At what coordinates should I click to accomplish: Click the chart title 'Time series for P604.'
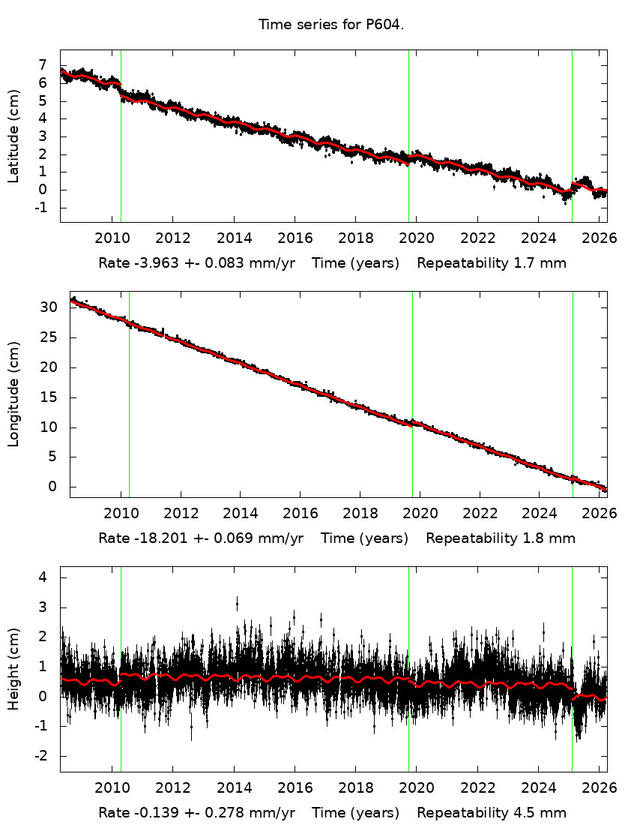pyautogui.click(x=331, y=24)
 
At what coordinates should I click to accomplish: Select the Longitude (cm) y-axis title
pyautogui.click(x=13, y=394)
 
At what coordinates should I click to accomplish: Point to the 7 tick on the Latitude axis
pyautogui.click(x=43, y=65)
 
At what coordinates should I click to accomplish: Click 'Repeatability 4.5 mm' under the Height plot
pyautogui.click(x=492, y=813)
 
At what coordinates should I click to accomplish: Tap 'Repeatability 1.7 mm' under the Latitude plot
pyautogui.click(x=492, y=263)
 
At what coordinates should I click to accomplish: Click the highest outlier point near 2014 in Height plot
pyautogui.click(x=237, y=602)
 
